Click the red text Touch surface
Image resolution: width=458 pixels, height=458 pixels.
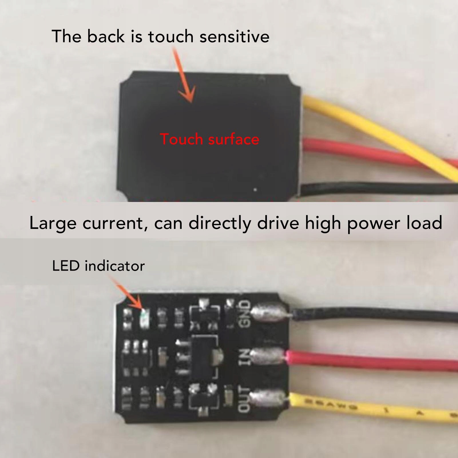[x=209, y=139]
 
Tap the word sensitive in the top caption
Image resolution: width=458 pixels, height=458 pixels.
[x=234, y=37]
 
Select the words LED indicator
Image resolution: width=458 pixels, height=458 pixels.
[x=98, y=266]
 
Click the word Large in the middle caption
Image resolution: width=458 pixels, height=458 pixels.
[x=53, y=223]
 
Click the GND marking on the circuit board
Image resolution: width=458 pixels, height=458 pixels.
[x=245, y=313]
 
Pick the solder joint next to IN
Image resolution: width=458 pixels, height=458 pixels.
[x=267, y=356]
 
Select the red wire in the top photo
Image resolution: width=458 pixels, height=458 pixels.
[x=358, y=152]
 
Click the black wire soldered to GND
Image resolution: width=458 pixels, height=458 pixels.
[x=372, y=315]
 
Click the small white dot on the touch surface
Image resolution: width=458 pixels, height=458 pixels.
[x=255, y=189]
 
